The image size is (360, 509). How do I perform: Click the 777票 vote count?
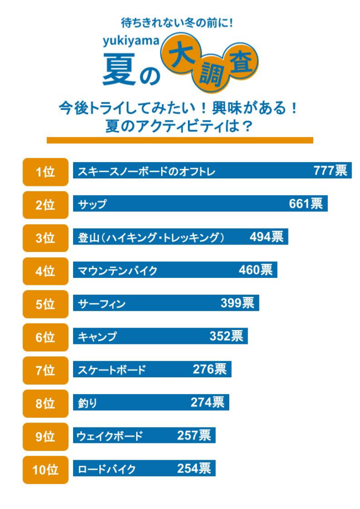[x=330, y=171]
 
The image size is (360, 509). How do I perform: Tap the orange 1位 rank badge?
[x=45, y=172]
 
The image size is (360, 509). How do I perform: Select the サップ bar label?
[x=92, y=204]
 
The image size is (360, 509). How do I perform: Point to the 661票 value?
[x=306, y=204]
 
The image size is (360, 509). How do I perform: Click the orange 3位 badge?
[x=45, y=238]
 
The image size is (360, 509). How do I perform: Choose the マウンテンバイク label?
[x=118, y=271]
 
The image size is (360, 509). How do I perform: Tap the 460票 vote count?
[x=256, y=270]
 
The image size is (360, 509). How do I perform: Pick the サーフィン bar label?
[x=102, y=304]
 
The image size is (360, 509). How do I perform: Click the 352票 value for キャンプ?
[x=226, y=337]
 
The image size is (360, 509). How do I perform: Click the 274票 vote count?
[x=207, y=403]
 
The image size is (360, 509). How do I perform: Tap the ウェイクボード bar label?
[x=110, y=436]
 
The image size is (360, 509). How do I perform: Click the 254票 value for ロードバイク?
[x=194, y=469]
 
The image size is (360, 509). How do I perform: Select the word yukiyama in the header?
[x=131, y=42]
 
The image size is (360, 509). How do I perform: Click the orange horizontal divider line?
[x=180, y=140]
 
